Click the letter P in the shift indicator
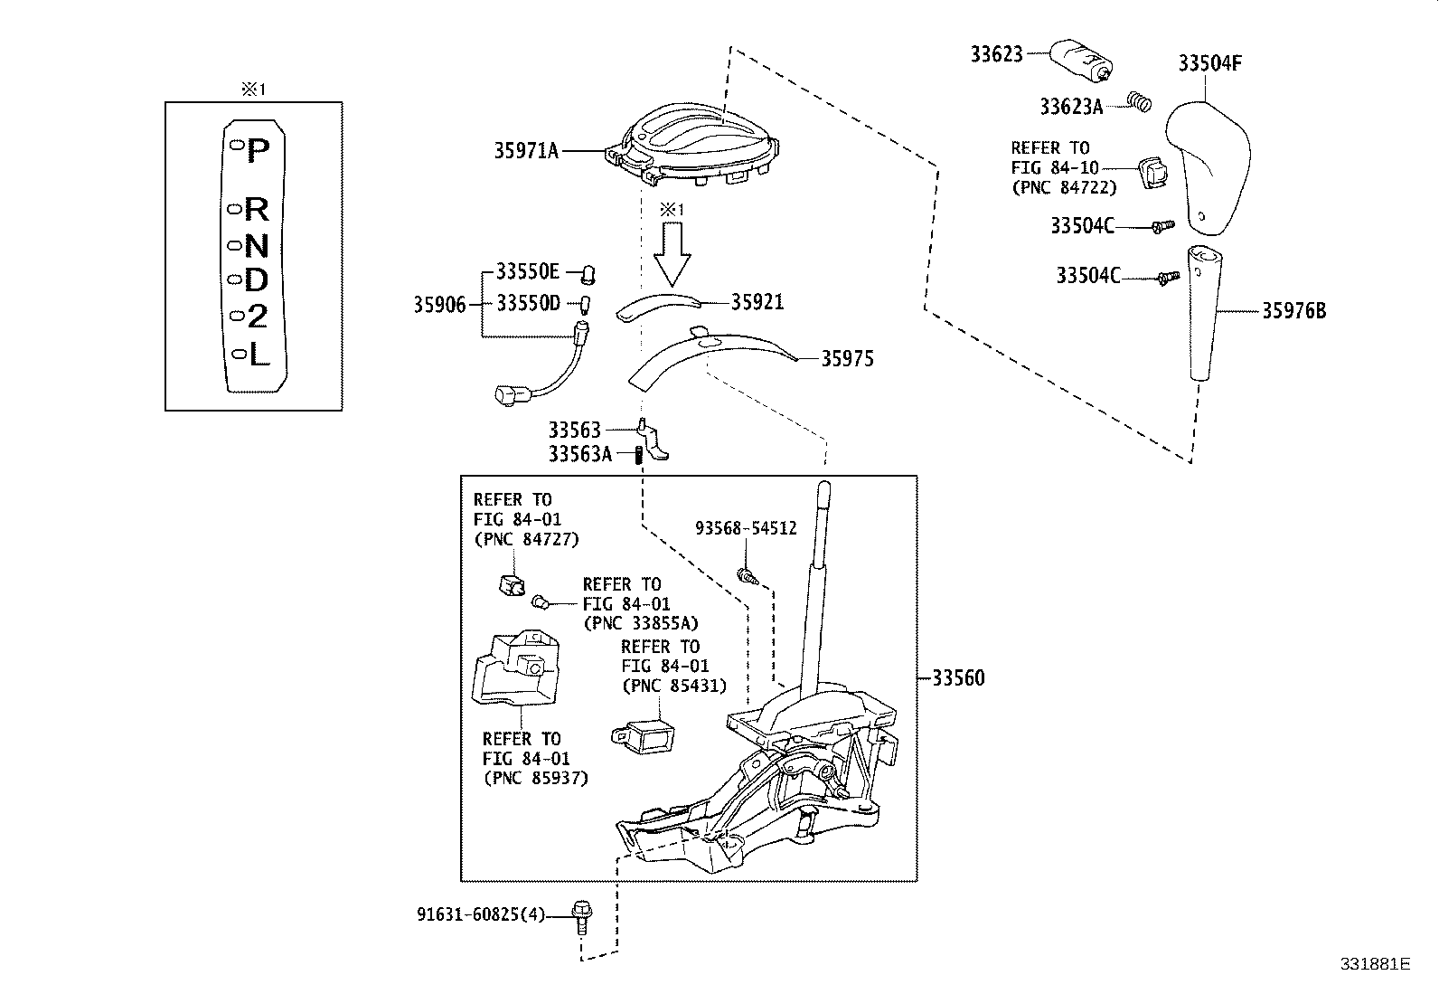[258, 149]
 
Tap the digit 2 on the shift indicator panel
[258, 317]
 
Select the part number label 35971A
[525, 151]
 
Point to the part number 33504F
[1209, 63]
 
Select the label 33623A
[1071, 107]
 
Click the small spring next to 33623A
[1139, 102]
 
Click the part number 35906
[439, 305]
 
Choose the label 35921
[757, 302]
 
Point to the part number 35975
[847, 359]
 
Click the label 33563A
[579, 454]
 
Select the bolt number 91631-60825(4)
[481, 914]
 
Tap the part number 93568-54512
[746, 527]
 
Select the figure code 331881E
[1374, 964]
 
